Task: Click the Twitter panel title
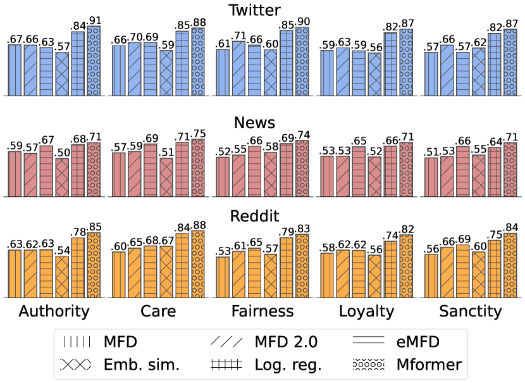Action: tap(262, 9)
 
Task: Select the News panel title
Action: tap(262, 123)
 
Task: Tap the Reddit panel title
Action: tap(262, 216)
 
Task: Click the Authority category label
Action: tap(54, 311)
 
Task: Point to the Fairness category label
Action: tap(262, 311)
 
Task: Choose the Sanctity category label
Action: tap(470, 311)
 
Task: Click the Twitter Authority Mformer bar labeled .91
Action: tap(94, 61)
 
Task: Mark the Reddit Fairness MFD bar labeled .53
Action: tap(223, 277)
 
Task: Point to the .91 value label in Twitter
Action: tap(94, 20)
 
